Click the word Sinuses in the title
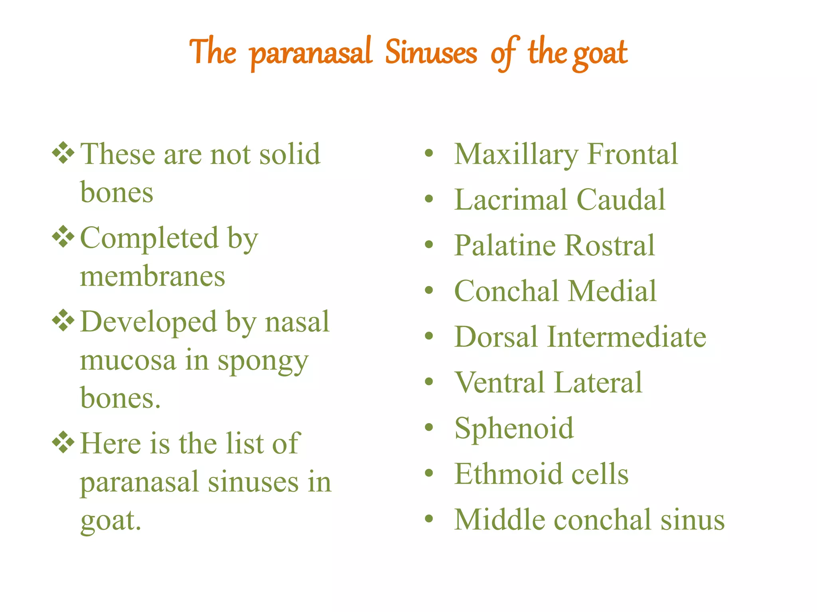[431, 53]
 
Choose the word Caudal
[621, 199]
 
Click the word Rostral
[610, 245]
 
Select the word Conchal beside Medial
[507, 291]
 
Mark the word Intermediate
[627, 337]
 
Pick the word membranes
[152, 277]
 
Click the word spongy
[263, 361]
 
